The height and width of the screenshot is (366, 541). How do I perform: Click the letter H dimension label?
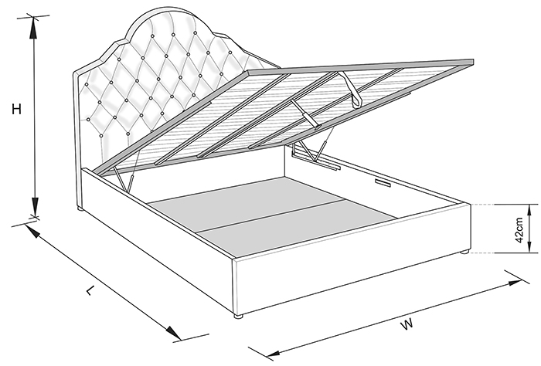click(16, 109)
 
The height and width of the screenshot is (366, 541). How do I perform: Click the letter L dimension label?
click(90, 290)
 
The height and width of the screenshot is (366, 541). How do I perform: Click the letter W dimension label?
click(407, 324)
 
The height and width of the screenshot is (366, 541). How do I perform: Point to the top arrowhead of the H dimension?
click(33, 27)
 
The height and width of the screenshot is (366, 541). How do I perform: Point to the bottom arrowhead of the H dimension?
click(35, 207)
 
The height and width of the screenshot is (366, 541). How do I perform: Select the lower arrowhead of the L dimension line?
click(172, 333)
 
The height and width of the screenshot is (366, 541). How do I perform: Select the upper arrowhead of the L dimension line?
click(32, 232)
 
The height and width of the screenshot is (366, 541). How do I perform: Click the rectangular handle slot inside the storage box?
click(382, 182)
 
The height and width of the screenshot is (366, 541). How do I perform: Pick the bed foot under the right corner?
click(464, 252)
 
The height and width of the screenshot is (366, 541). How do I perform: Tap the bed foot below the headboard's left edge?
click(80, 208)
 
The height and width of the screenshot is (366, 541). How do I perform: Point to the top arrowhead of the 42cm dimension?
click(529, 209)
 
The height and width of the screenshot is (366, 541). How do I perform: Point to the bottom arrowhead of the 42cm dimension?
click(529, 247)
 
